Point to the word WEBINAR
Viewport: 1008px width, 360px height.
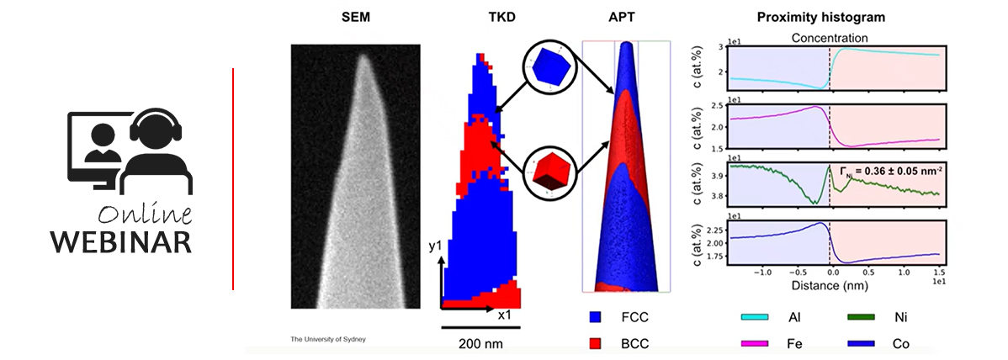click(120, 241)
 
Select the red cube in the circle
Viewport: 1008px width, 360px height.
click(549, 171)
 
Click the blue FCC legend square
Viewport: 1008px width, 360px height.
click(596, 317)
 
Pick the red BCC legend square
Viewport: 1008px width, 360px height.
click(596, 343)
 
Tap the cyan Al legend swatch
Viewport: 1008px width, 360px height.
click(756, 317)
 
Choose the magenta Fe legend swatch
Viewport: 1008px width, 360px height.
click(756, 343)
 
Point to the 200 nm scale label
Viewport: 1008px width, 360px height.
click(481, 343)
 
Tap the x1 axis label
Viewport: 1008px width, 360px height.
click(505, 315)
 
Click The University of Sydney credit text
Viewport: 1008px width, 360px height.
click(328, 339)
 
